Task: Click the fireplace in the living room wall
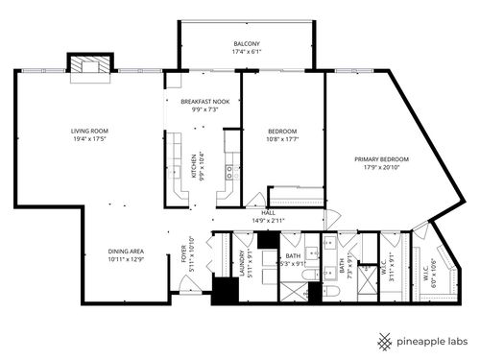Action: tap(88, 63)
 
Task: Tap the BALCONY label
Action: tap(247, 45)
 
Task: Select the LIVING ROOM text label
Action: tap(88, 131)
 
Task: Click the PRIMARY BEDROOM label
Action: tap(381, 158)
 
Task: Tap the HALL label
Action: tap(269, 212)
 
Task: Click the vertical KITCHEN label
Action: tap(194, 165)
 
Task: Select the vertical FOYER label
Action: tap(184, 254)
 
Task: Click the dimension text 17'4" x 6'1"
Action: tap(247, 54)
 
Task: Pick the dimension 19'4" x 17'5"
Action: tap(88, 139)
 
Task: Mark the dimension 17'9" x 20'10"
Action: tap(381, 168)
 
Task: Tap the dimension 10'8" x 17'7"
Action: tap(281, 140)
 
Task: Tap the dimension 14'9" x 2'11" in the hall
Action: tap(269, 221)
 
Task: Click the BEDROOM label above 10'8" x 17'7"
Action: tap(281, 132)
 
